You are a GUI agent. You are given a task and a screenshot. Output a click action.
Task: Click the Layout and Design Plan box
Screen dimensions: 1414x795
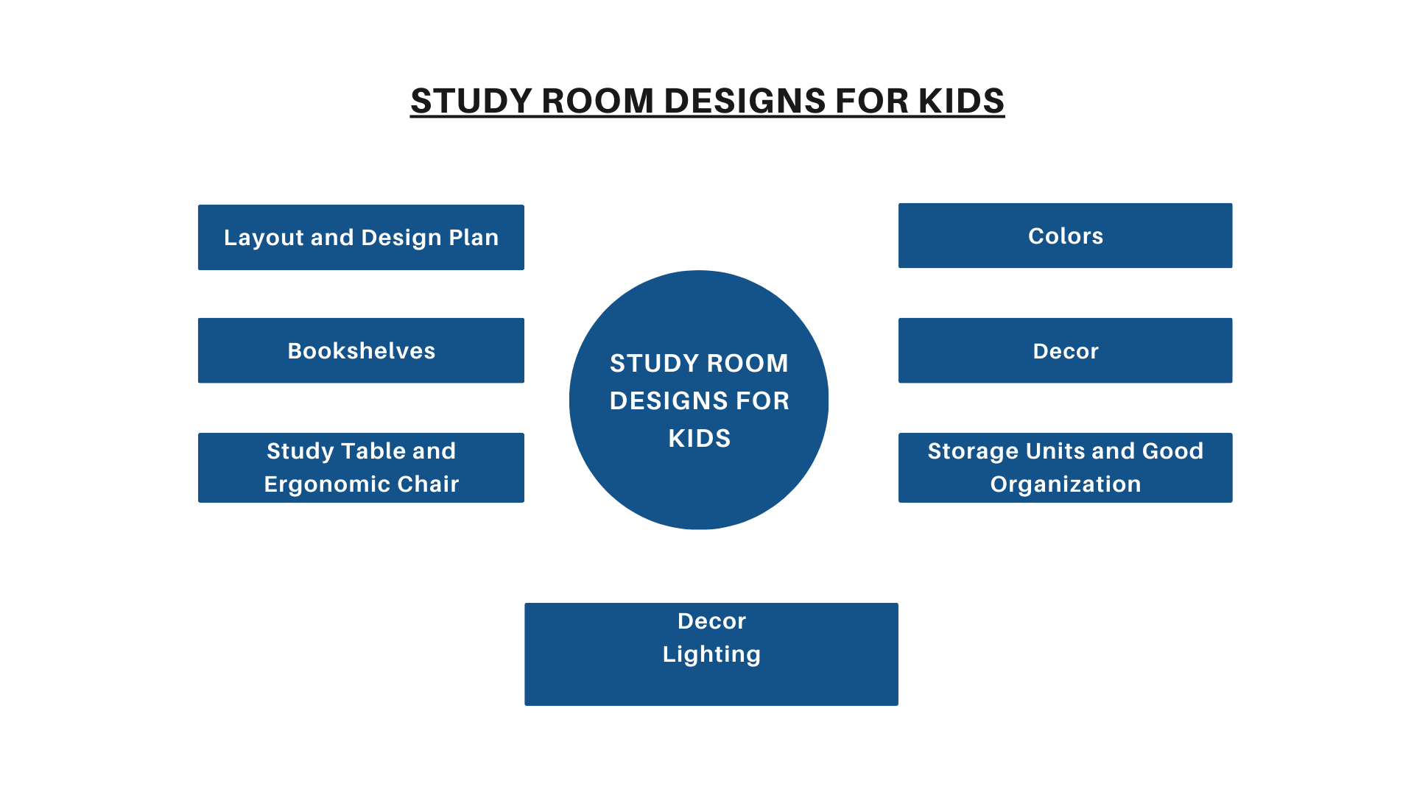[361, 237]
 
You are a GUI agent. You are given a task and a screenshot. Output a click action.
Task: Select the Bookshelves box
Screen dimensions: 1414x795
[361, 350]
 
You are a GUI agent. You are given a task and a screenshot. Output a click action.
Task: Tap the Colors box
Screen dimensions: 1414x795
[1065, 236]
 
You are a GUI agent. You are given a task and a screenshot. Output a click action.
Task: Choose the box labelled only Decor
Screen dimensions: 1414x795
[1065, 350]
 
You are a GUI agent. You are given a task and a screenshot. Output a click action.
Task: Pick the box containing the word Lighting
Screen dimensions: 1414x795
[711, 654]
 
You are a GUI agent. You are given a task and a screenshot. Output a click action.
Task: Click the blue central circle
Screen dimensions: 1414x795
[699, 400]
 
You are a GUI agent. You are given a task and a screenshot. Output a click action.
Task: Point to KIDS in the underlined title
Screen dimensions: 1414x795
[961, 101]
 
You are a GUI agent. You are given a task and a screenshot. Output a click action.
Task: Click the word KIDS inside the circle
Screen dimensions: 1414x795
[700, 439]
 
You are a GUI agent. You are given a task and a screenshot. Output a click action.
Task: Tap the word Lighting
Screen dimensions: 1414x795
[711, 654]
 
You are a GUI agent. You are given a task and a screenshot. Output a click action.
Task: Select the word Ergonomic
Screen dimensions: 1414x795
[327, 484]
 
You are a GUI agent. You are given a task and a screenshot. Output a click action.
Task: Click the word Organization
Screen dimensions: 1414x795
[1066, 484]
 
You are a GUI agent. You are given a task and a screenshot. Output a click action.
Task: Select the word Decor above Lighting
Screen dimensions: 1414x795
[711, 621]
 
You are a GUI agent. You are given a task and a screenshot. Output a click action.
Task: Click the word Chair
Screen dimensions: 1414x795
[428, 484]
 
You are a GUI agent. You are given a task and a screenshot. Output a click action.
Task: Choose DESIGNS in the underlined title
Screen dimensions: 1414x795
[744, 101]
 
